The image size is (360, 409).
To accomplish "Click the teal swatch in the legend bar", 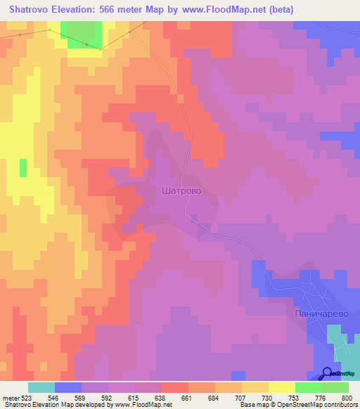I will (41, 387).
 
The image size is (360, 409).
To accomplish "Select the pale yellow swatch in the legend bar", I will (281, 387).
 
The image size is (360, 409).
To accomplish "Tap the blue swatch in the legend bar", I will (68, 387).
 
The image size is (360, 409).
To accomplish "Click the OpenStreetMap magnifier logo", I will (328, 373).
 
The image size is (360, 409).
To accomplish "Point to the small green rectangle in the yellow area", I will (23, 168).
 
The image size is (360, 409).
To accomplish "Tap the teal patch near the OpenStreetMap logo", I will (342, 344).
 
